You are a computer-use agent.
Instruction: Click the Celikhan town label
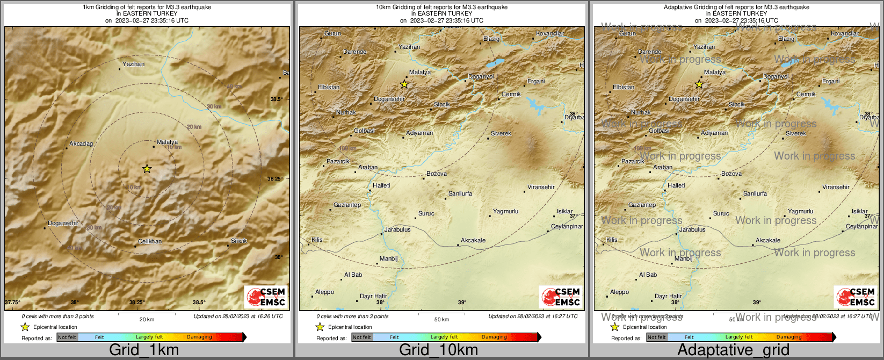click(x=150, y=241)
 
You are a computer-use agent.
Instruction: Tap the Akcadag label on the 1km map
click(x=81, y=144)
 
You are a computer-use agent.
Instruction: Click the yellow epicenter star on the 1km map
click(x=147, y=169)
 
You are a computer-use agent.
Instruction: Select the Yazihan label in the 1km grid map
click(x=133, y=64)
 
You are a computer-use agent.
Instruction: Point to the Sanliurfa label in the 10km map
click(x=460, y=193)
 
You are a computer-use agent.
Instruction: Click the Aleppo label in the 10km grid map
click(x=324, y=292)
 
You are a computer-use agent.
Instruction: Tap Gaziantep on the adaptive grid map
click(x=642, y=205)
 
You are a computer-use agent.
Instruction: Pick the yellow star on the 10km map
click(x=404, y=84)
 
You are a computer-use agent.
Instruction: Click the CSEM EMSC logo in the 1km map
click(x=266, y=297)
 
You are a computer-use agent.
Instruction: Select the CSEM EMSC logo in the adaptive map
click(x=856, y=297)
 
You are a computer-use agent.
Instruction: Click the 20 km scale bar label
click(x=147, y=319)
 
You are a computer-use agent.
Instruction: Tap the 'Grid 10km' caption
click(x=438, y=350)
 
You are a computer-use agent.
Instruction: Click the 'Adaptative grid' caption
click(x=733, y=350)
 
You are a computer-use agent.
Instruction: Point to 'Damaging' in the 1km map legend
click(x=199, y=337)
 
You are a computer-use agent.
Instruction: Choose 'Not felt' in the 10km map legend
click(x=361, y=337)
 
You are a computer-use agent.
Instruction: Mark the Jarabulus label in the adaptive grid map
click(x=692, y=229)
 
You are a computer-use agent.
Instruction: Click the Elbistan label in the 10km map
click(x=329, y=87)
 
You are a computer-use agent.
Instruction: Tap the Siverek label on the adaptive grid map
click(x=795, y=133)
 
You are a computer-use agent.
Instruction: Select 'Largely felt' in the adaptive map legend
click(x=739, y=337)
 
